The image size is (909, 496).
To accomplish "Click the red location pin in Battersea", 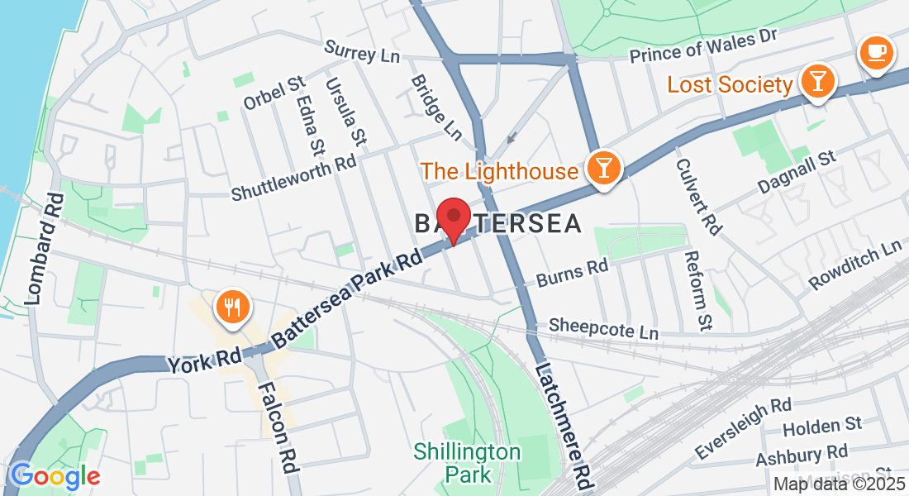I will click(x=453, y=217).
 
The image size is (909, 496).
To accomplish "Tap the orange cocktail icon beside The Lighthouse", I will click(x=603, y=168).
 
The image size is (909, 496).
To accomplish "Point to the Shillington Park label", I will click(x=468, y=463).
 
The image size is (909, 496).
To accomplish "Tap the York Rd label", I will click(x=203, y=360).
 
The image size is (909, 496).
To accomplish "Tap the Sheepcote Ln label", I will click(x=603, y=327).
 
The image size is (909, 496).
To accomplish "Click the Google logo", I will click(x=55, y=476).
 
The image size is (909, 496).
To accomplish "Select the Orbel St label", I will click(x=275, y=95).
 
